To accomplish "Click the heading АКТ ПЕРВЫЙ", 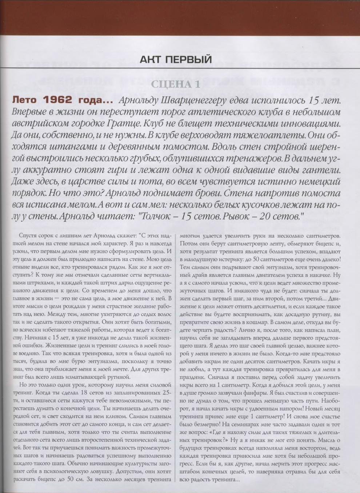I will click(x=176, y=59).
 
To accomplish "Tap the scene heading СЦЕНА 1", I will click(x=176, y=84).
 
